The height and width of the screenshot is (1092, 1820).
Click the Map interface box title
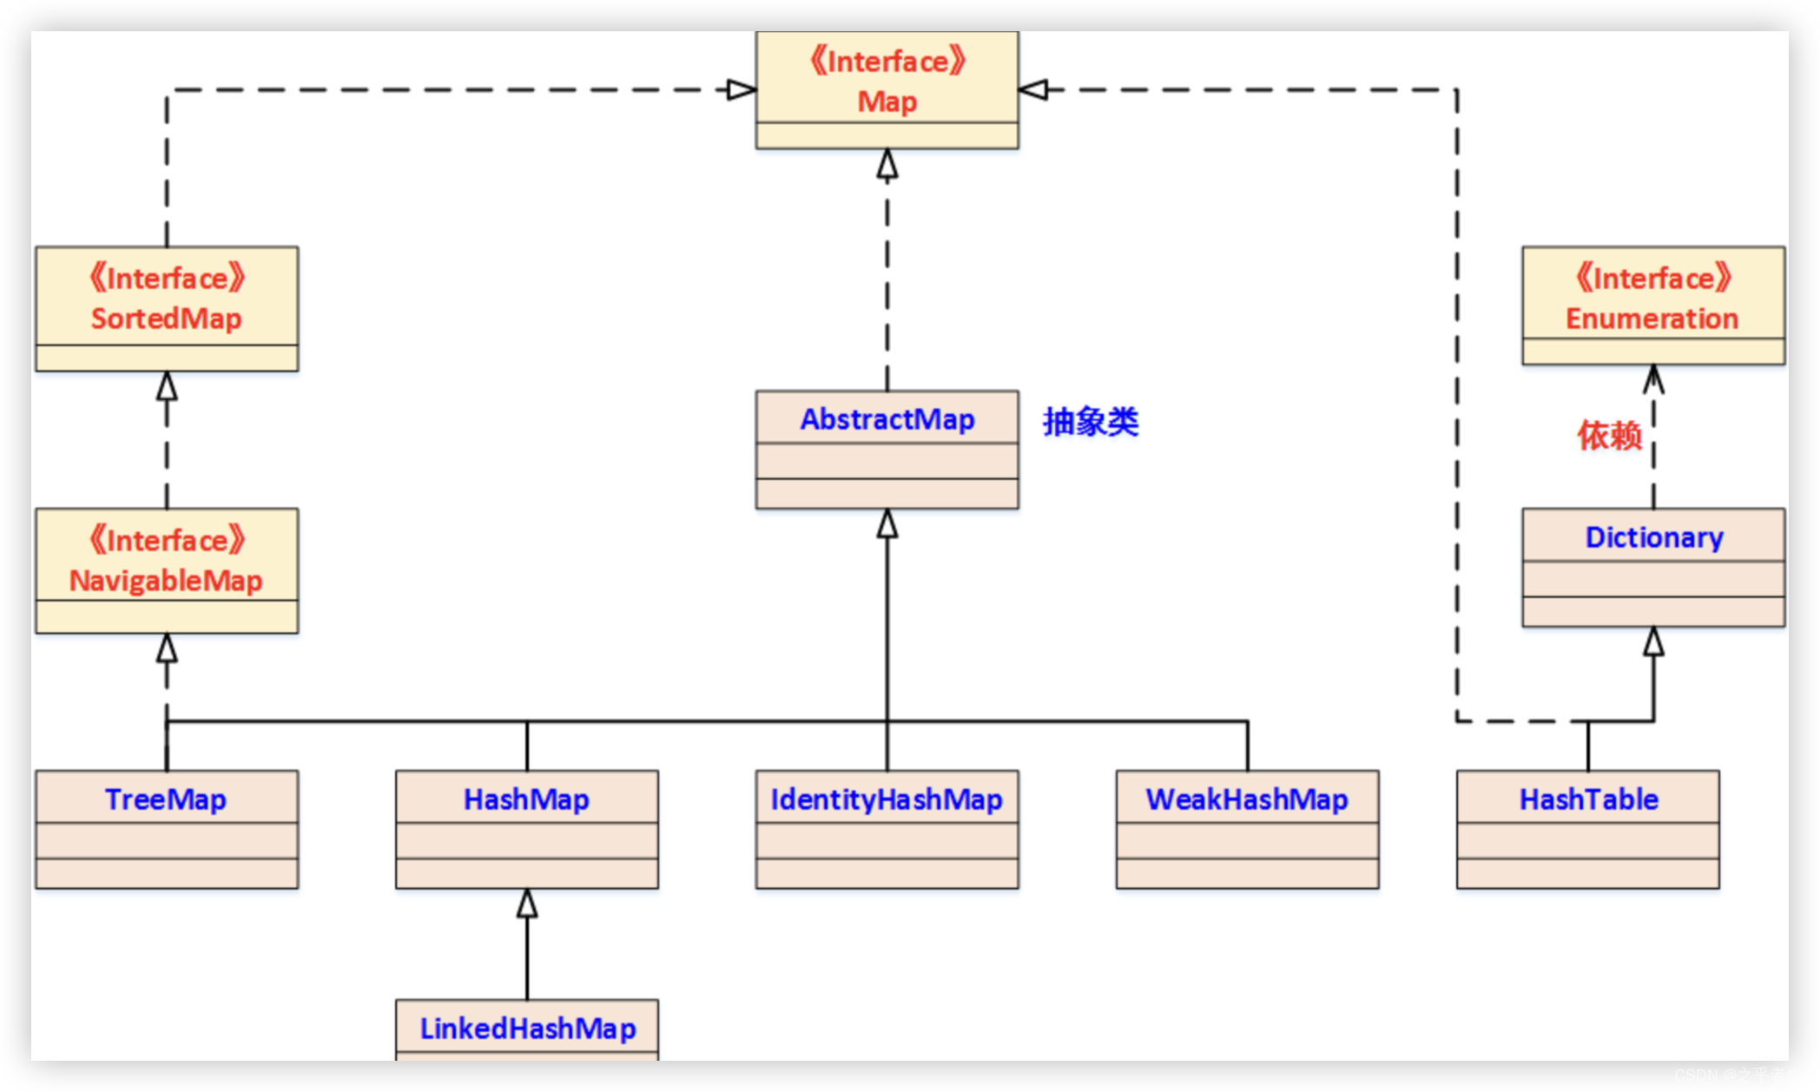887,101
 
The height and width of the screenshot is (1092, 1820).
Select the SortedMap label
166,318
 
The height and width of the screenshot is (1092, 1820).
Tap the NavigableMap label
166,580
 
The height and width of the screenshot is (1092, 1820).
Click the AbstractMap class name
887,418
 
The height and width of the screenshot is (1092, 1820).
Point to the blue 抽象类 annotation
1091,422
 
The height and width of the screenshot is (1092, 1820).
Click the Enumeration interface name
1652,318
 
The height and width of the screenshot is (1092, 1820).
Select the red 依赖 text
1609,435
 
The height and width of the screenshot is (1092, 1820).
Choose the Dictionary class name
1653,536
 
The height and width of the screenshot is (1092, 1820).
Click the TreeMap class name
166,799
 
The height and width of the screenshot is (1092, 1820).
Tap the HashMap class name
526,799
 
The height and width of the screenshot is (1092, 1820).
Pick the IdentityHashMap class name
887,799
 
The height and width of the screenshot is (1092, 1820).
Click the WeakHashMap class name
1247,799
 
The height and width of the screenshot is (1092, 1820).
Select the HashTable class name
1588,799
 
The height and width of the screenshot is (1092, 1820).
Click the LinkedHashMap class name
527,1028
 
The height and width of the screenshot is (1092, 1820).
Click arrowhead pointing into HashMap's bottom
527,904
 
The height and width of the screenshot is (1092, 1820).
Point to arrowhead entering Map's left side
741,89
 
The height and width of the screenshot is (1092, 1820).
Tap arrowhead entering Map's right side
1033,89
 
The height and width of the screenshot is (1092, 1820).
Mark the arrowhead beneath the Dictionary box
1653,641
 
